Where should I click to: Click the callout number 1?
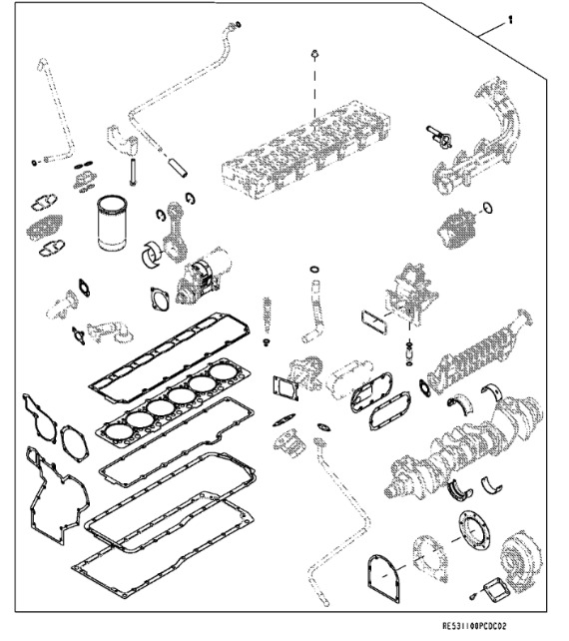510,19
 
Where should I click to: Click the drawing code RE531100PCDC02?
474,626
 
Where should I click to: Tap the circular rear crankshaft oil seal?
474,530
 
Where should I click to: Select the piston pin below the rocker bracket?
133,172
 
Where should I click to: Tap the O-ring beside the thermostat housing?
487,208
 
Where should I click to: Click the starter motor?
204,276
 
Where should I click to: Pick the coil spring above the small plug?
267,315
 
